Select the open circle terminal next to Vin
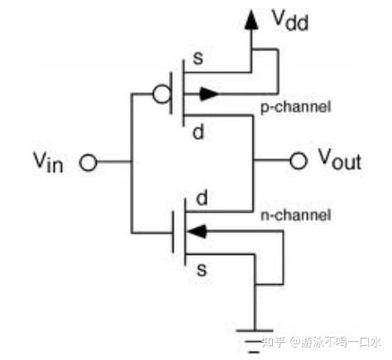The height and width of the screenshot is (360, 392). [x=87, y=163]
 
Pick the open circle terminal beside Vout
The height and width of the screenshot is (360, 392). [x=298, y=160]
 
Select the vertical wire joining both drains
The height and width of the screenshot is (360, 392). [x=250, y=161]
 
